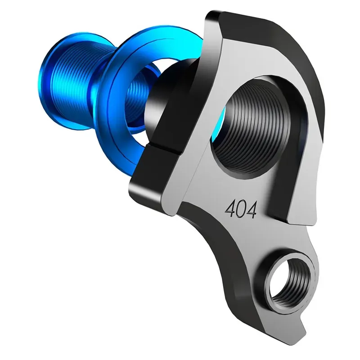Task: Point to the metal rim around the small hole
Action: (x=270, y=292)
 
